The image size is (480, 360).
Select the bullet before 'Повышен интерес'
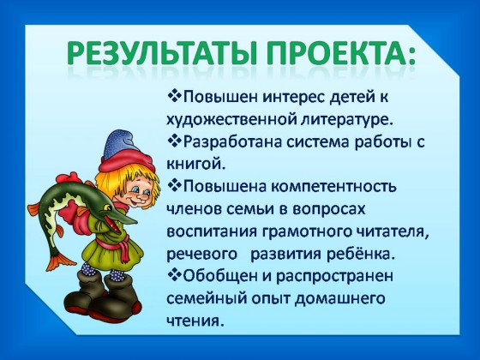point(175,96)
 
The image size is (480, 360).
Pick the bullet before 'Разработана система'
point(175,141)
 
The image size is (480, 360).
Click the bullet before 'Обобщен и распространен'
point(175,275)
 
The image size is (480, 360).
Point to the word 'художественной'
point(231,119)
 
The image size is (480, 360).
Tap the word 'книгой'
point(196,164)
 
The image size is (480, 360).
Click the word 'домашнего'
point(339,299)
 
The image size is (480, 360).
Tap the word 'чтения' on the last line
point(194,321)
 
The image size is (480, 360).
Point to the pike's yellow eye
point(107,207)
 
